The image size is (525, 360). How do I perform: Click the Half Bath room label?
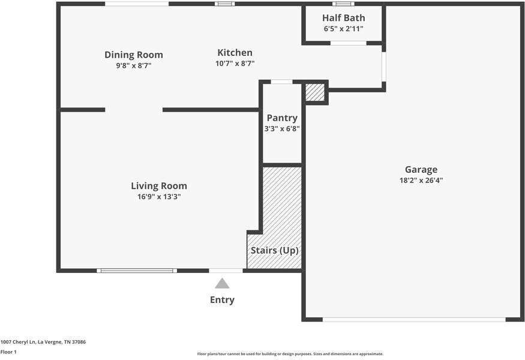tap(344, 18)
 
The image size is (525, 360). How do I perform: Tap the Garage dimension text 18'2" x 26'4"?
tap(421, 180)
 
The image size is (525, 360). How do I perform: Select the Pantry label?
tap(282, 118)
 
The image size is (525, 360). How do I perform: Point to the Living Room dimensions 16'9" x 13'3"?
tap(159, 197)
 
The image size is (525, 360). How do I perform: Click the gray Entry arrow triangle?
tap(222, 284)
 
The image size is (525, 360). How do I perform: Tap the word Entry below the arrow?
tap(222, 300)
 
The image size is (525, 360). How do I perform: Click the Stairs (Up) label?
tap(275, 250)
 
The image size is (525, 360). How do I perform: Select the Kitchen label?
tap(235, 53)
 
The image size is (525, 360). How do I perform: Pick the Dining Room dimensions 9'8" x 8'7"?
tap(134, 65)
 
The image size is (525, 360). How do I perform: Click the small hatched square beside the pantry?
tap(315, 92)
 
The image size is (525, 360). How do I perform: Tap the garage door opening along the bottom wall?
tap(414, 319)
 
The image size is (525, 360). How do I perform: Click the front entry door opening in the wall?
tap(226, 271)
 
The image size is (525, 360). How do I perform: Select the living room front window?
tap(137, 271)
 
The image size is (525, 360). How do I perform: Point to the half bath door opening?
tap(349, 43)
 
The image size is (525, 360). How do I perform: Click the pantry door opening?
tap(281, 82)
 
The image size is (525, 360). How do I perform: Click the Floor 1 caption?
tap(8, 352)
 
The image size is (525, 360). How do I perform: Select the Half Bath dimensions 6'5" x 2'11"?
tap(344, 29)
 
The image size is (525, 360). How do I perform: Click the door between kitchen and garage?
tap(384, 67)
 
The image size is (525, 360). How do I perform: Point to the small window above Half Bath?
tap(343, 4)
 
